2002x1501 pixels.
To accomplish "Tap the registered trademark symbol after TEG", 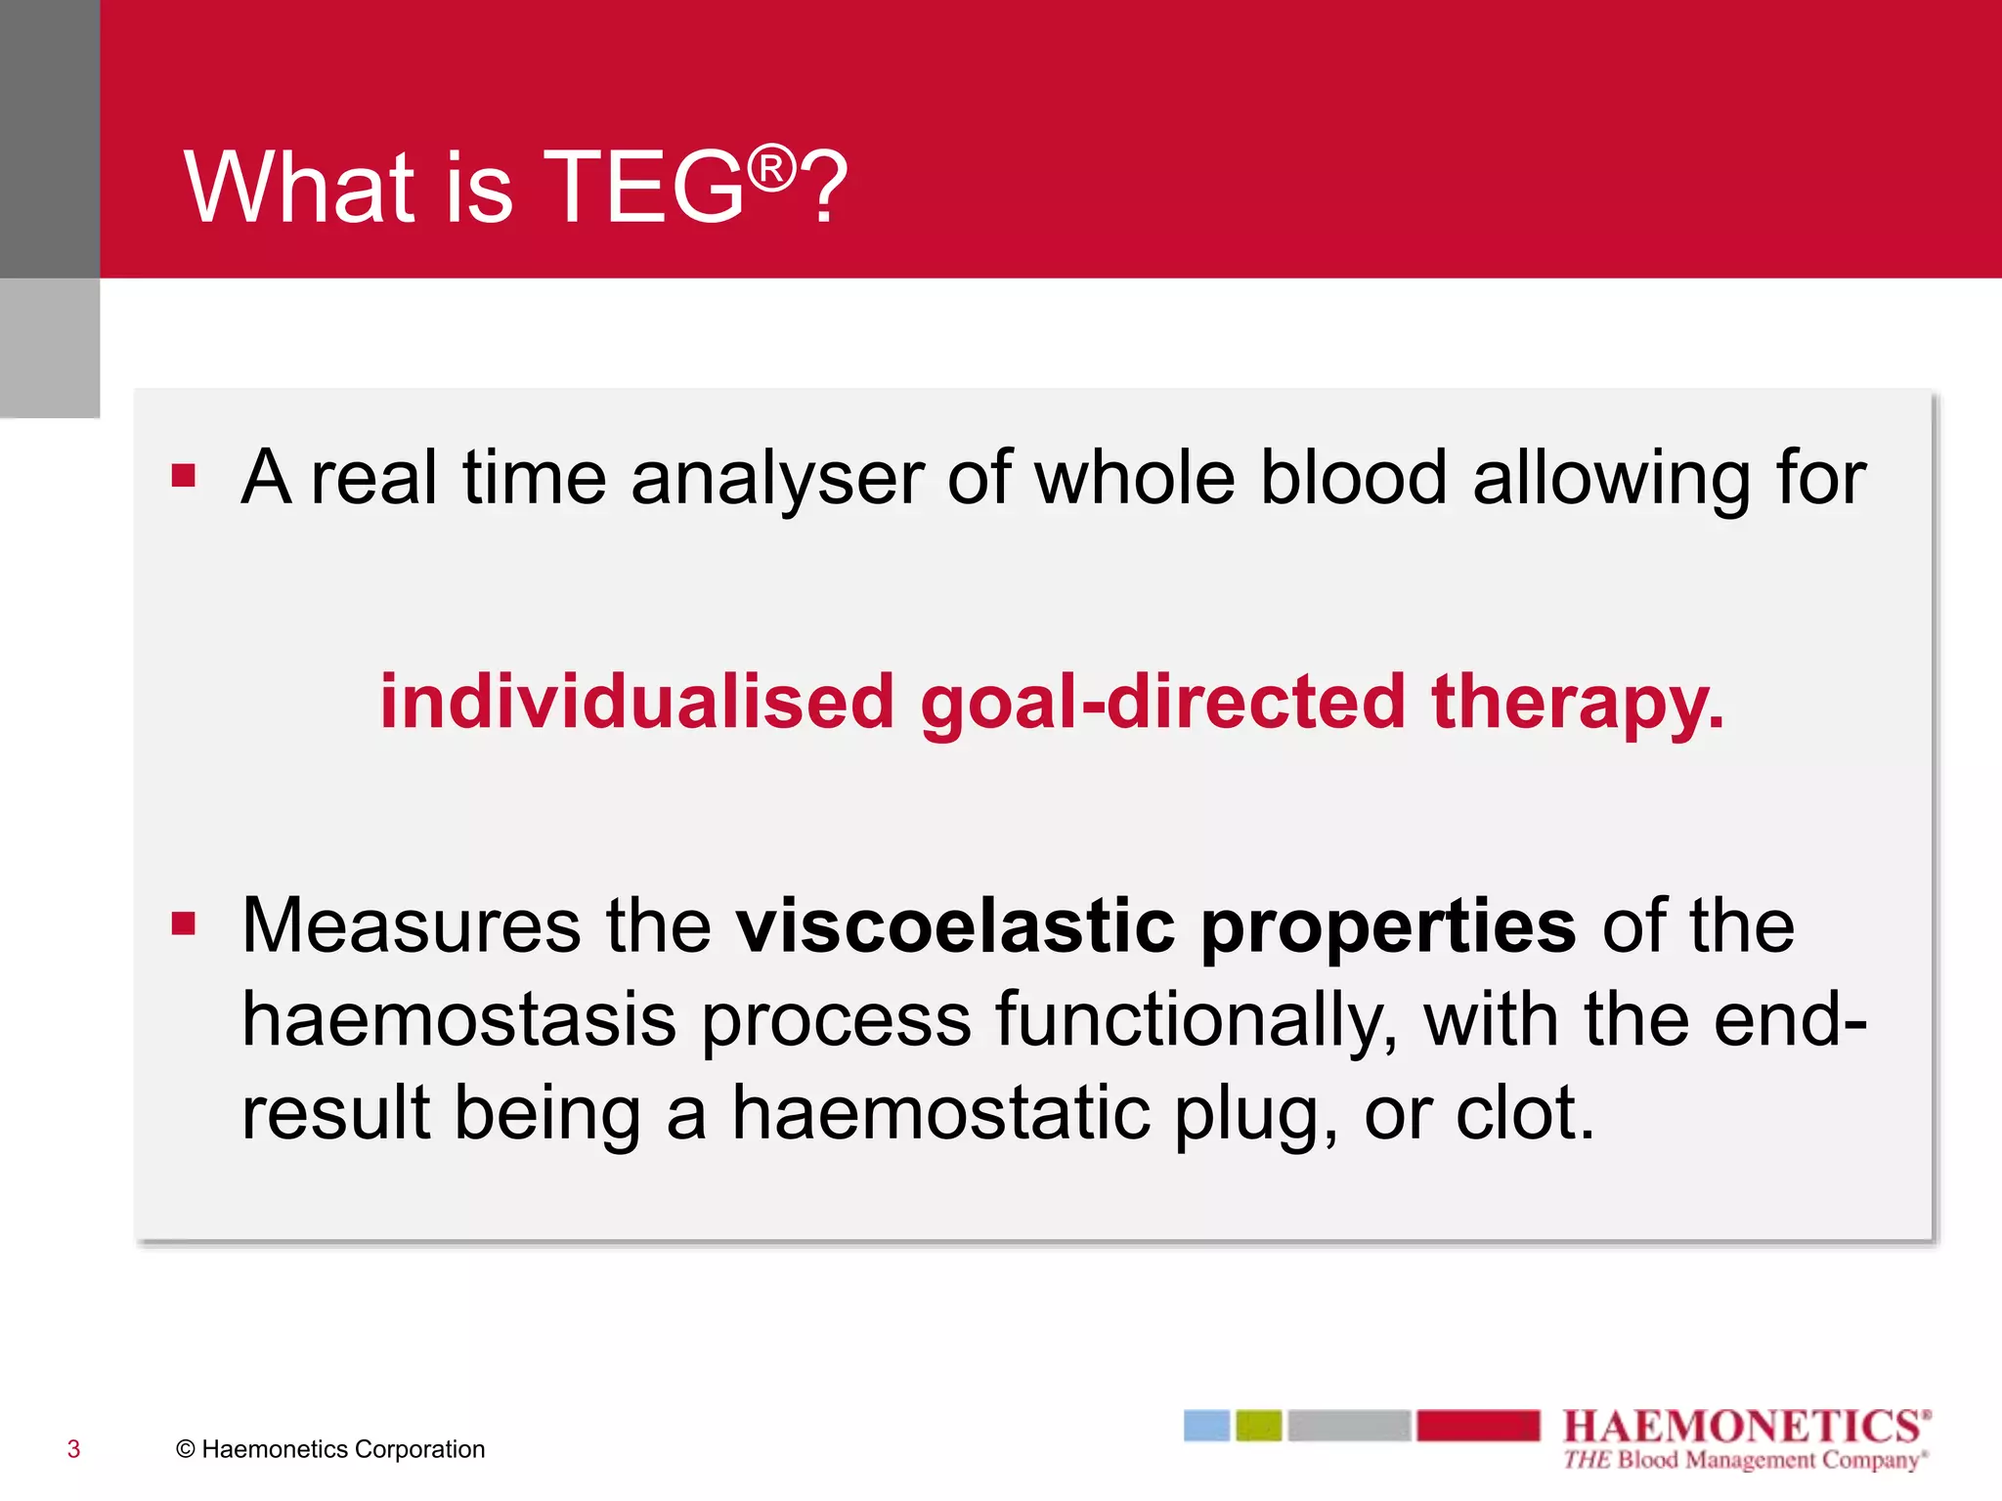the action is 772,168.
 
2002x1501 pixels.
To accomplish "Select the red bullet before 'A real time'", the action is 184,475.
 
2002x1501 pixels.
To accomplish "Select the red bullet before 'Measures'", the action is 184,922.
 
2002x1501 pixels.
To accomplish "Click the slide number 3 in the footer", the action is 73,1449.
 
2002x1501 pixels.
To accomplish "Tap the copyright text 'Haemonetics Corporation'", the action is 343,1449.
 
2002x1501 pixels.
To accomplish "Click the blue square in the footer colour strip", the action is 1206,1426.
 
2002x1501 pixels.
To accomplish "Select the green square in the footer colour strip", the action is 1258,1426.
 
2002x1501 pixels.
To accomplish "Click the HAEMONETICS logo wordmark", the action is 1746,1427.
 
